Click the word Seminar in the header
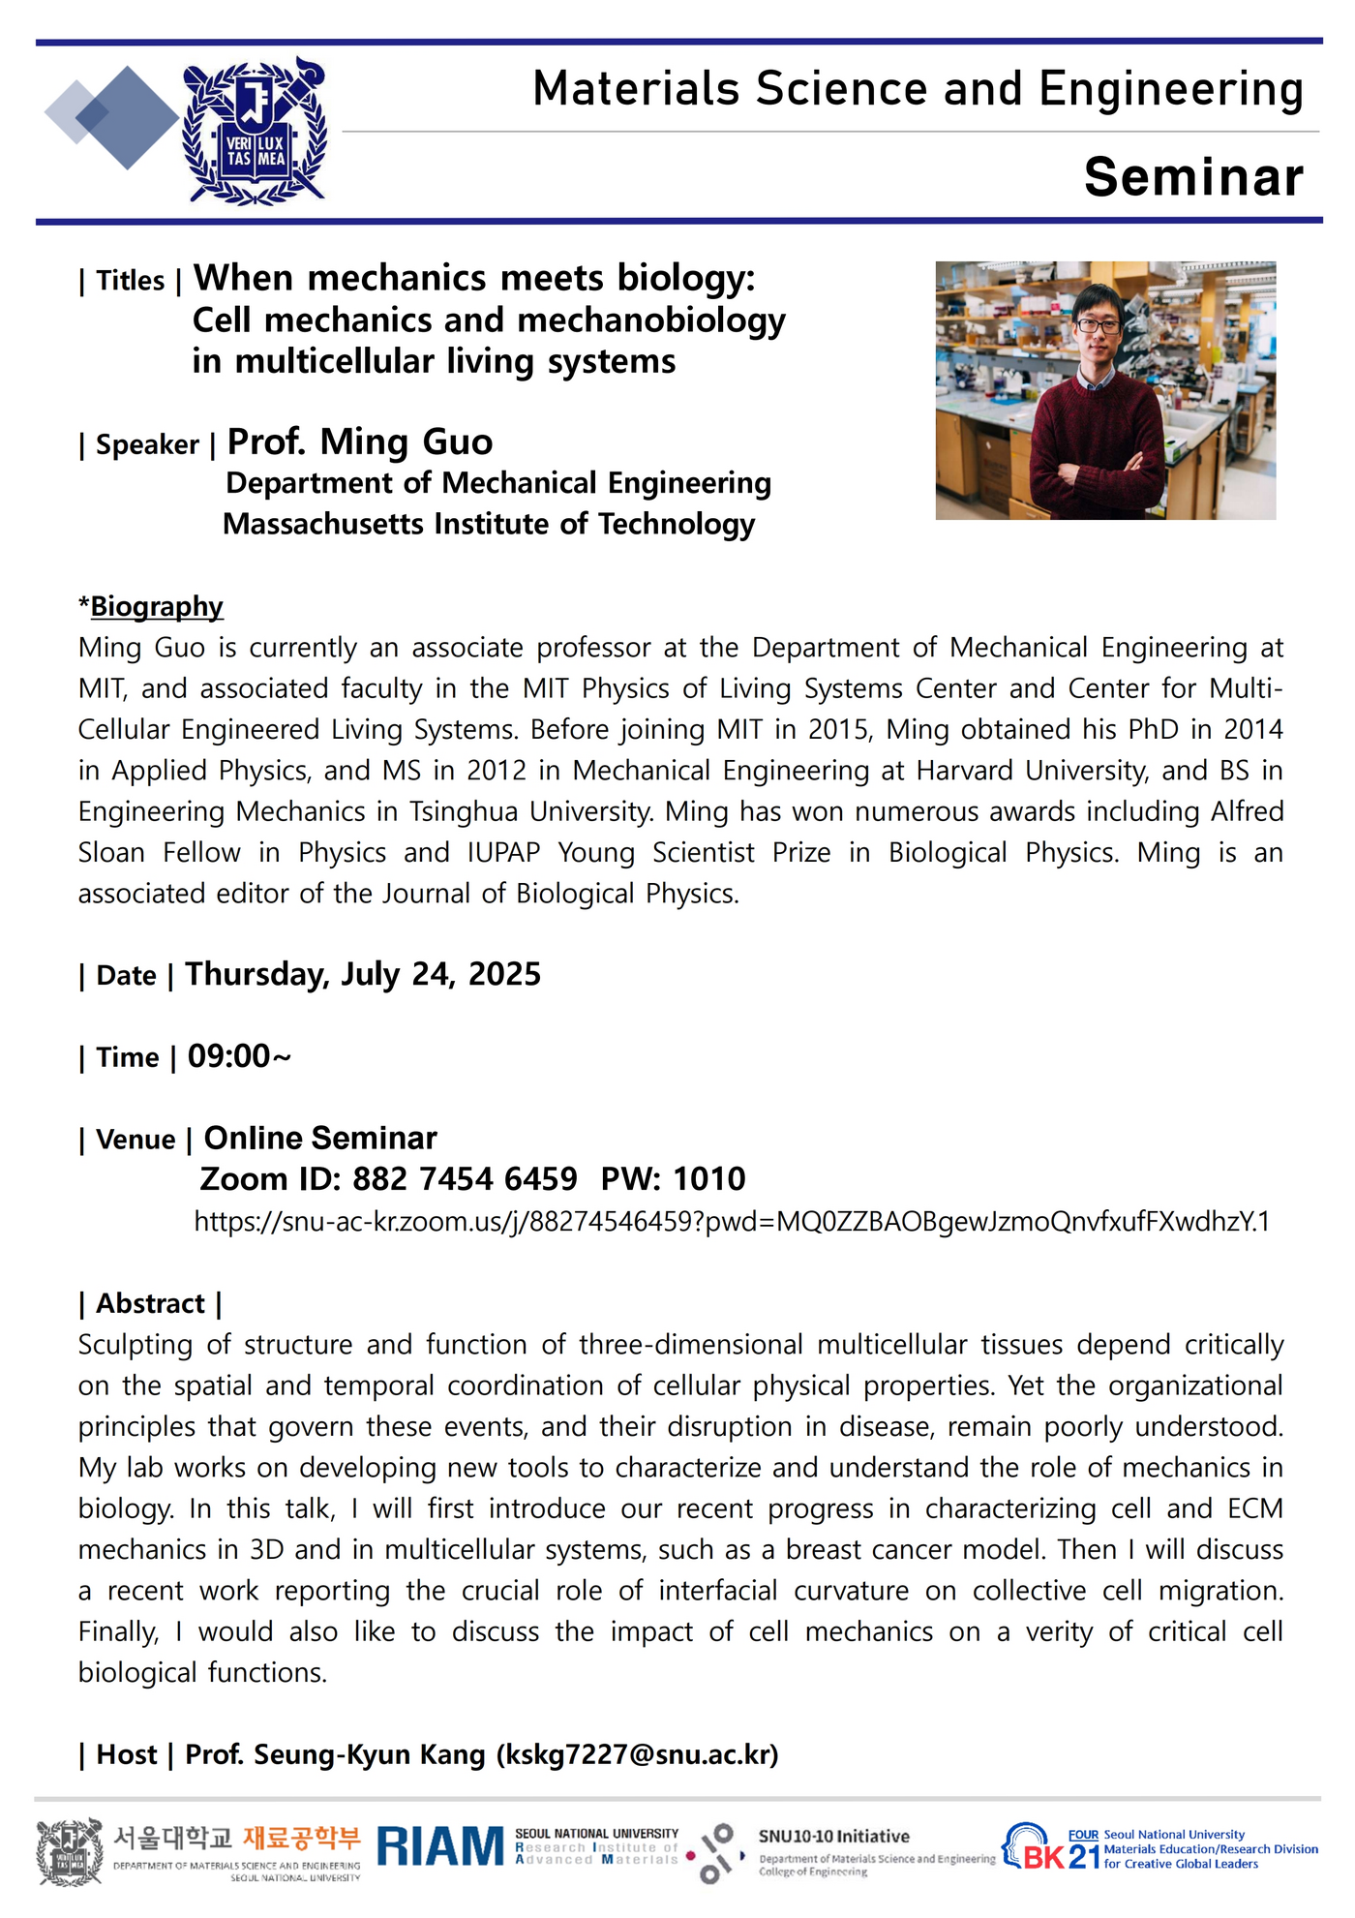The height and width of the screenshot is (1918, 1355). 1193,177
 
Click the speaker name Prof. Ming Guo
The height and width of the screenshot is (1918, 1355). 360,441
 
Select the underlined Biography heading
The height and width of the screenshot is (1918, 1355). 157,606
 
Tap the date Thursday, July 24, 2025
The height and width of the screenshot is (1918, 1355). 363,974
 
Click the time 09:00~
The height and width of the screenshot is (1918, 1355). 239,1056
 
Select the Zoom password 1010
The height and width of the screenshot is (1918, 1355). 709,1179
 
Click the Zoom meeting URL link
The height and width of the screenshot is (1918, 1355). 731,1221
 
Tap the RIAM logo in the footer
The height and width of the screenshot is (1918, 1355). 440,1847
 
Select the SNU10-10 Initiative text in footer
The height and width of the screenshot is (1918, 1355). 833,1836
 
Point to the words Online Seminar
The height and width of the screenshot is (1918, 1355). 320,1138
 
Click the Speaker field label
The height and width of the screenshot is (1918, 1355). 147,444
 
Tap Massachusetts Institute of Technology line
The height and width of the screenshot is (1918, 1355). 489,524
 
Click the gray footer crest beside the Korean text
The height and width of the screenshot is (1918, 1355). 70,1851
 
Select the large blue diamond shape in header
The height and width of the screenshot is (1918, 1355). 127,118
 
